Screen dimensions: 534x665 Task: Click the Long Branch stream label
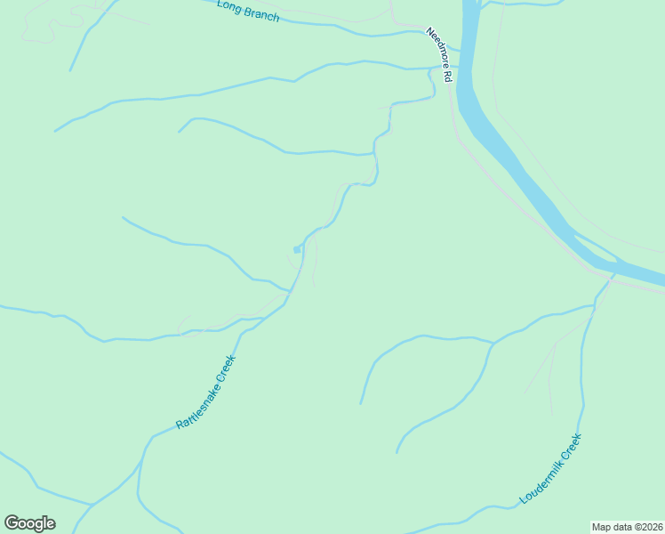tap(248, 10)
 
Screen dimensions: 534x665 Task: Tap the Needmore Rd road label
tap(439, 55)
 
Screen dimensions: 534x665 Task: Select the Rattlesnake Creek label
tap(205, 392)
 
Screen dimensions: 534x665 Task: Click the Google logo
tap(29, 523)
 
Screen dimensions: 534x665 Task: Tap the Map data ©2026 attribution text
tap(627, 526)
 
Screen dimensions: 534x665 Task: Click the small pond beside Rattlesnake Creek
tap(297, 249)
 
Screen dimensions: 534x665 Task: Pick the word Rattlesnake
tap(196, 405)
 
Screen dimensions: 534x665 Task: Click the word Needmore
tap(437, 46)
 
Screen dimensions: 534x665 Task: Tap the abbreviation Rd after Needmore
tap(448, 77)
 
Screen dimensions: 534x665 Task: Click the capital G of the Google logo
tap(12, 523)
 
